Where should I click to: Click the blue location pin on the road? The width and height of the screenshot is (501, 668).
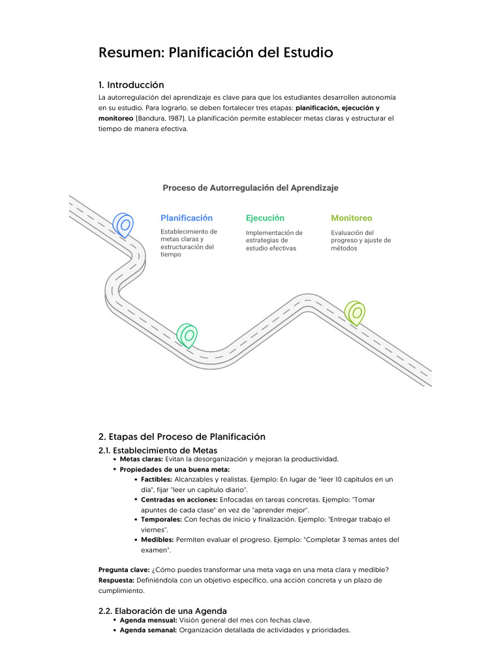point(122,224)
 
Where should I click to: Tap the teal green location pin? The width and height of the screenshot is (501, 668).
point(187,335)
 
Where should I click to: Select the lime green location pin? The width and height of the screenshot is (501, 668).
point(355,312)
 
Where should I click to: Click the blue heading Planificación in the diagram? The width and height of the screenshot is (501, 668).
point(187,218)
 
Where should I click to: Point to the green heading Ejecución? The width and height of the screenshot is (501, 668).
point(265,218)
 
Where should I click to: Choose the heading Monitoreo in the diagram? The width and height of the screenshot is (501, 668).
point(352,218)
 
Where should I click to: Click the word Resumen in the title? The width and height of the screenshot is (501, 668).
point(130,52)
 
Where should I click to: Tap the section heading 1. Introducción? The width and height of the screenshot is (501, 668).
point(131,85)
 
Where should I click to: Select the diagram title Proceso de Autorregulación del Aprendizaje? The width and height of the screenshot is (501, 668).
point(250,188)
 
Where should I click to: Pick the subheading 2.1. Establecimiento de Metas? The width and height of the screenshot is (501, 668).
point(158,450)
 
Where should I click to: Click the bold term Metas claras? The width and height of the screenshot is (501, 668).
point(141,459)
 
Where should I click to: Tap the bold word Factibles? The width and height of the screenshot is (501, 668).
point(157,479)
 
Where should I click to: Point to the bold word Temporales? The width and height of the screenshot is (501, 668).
point(161,520)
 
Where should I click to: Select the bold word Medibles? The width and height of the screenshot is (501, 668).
point(157,540)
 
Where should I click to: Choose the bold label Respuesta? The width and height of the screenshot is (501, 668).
point(116,580)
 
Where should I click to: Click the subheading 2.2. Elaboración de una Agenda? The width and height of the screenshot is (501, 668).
point(162,611)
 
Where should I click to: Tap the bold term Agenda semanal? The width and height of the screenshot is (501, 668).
point(148,631)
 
